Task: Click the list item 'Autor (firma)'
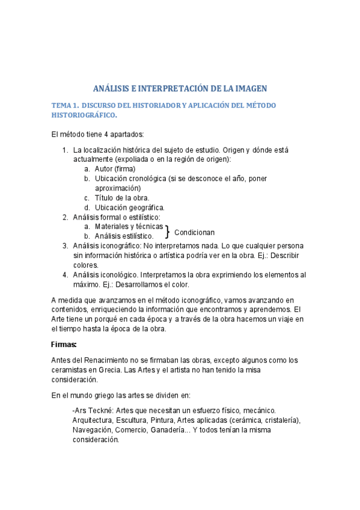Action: pyautogui.click(x=115, y=169)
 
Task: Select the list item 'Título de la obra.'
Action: pyautogui.click(x=122, y=198)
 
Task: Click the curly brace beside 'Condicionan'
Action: pyautogui.click(x=168, y=232)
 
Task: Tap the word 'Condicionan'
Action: pyautogui.click(x=194, y=232)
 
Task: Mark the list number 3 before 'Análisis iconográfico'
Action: pyautogui.click(x=66, y=246)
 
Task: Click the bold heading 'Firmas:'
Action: pyautogui.click(x=64, y=345)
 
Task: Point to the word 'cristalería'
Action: pyautogui.click(x=277, y=420)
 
